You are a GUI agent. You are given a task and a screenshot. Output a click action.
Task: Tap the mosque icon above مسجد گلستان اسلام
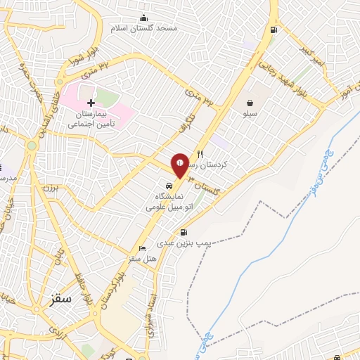144,18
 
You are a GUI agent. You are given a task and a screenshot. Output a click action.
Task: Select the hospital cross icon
91,103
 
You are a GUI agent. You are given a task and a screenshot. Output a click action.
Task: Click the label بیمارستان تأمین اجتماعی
91,117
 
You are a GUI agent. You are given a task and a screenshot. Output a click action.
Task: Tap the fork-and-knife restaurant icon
200,155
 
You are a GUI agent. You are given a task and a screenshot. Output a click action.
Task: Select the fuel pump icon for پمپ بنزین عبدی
184,233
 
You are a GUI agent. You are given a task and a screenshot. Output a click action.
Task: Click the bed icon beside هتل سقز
143,248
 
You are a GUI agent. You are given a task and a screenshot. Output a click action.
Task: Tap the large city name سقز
61,298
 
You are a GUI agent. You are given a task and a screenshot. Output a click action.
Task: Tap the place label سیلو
250,112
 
